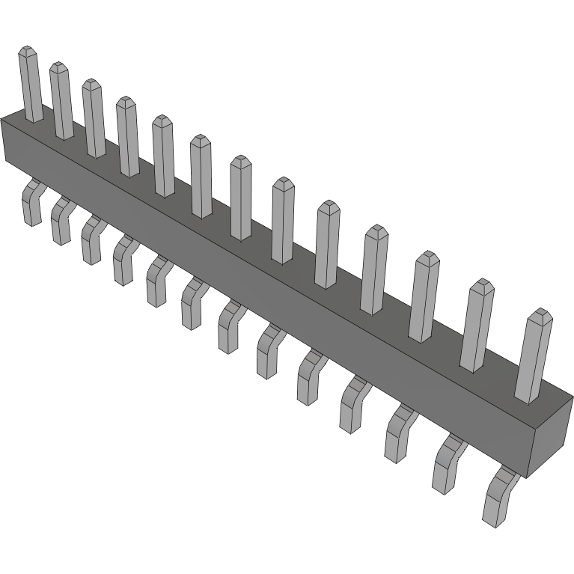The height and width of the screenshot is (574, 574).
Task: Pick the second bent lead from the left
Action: [60, 222]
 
